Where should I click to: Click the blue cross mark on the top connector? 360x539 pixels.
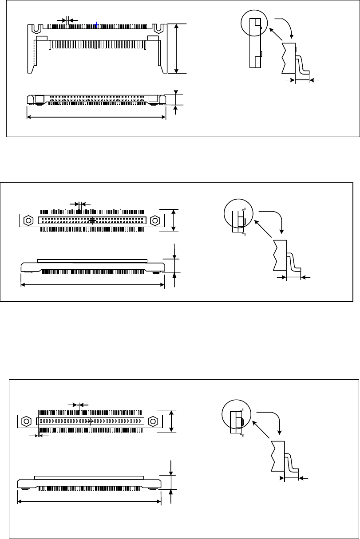coord(96,25)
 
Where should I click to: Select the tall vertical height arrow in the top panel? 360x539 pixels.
coord(177,48)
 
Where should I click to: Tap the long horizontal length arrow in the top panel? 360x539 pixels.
coord(96,117)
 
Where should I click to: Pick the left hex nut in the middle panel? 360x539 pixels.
coord(28,220)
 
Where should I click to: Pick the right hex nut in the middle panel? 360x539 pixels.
coord(155,220)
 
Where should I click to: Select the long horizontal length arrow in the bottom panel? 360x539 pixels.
coord(89,502)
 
